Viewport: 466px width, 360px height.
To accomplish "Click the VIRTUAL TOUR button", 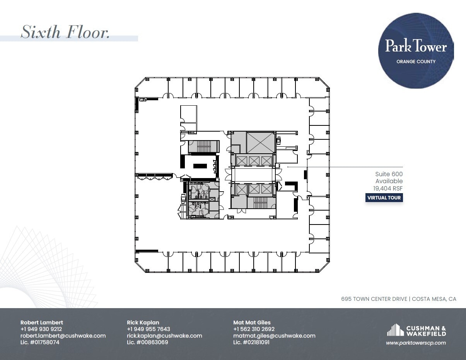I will coord(384,198).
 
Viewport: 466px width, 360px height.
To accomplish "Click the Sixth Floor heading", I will coord(65,32).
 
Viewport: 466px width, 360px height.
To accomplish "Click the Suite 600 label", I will coord(389,174).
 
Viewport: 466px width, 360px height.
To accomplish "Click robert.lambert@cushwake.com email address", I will coord(63,336).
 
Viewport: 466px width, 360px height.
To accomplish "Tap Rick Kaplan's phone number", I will coord(149,329).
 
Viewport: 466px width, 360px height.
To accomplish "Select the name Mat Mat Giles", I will coord(252,322).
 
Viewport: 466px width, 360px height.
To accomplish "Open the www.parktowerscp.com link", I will coord(416,343).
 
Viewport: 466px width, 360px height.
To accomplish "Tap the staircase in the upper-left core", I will coord(204,146).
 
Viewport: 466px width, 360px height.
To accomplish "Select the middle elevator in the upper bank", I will coord(254,161).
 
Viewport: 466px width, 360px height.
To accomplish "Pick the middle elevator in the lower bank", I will coord(254,189).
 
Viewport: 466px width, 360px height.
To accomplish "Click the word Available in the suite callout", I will coord(389,181).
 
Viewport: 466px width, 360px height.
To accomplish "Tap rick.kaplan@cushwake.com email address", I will coord(164,336).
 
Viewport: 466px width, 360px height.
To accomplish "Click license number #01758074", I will coord(40,342).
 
